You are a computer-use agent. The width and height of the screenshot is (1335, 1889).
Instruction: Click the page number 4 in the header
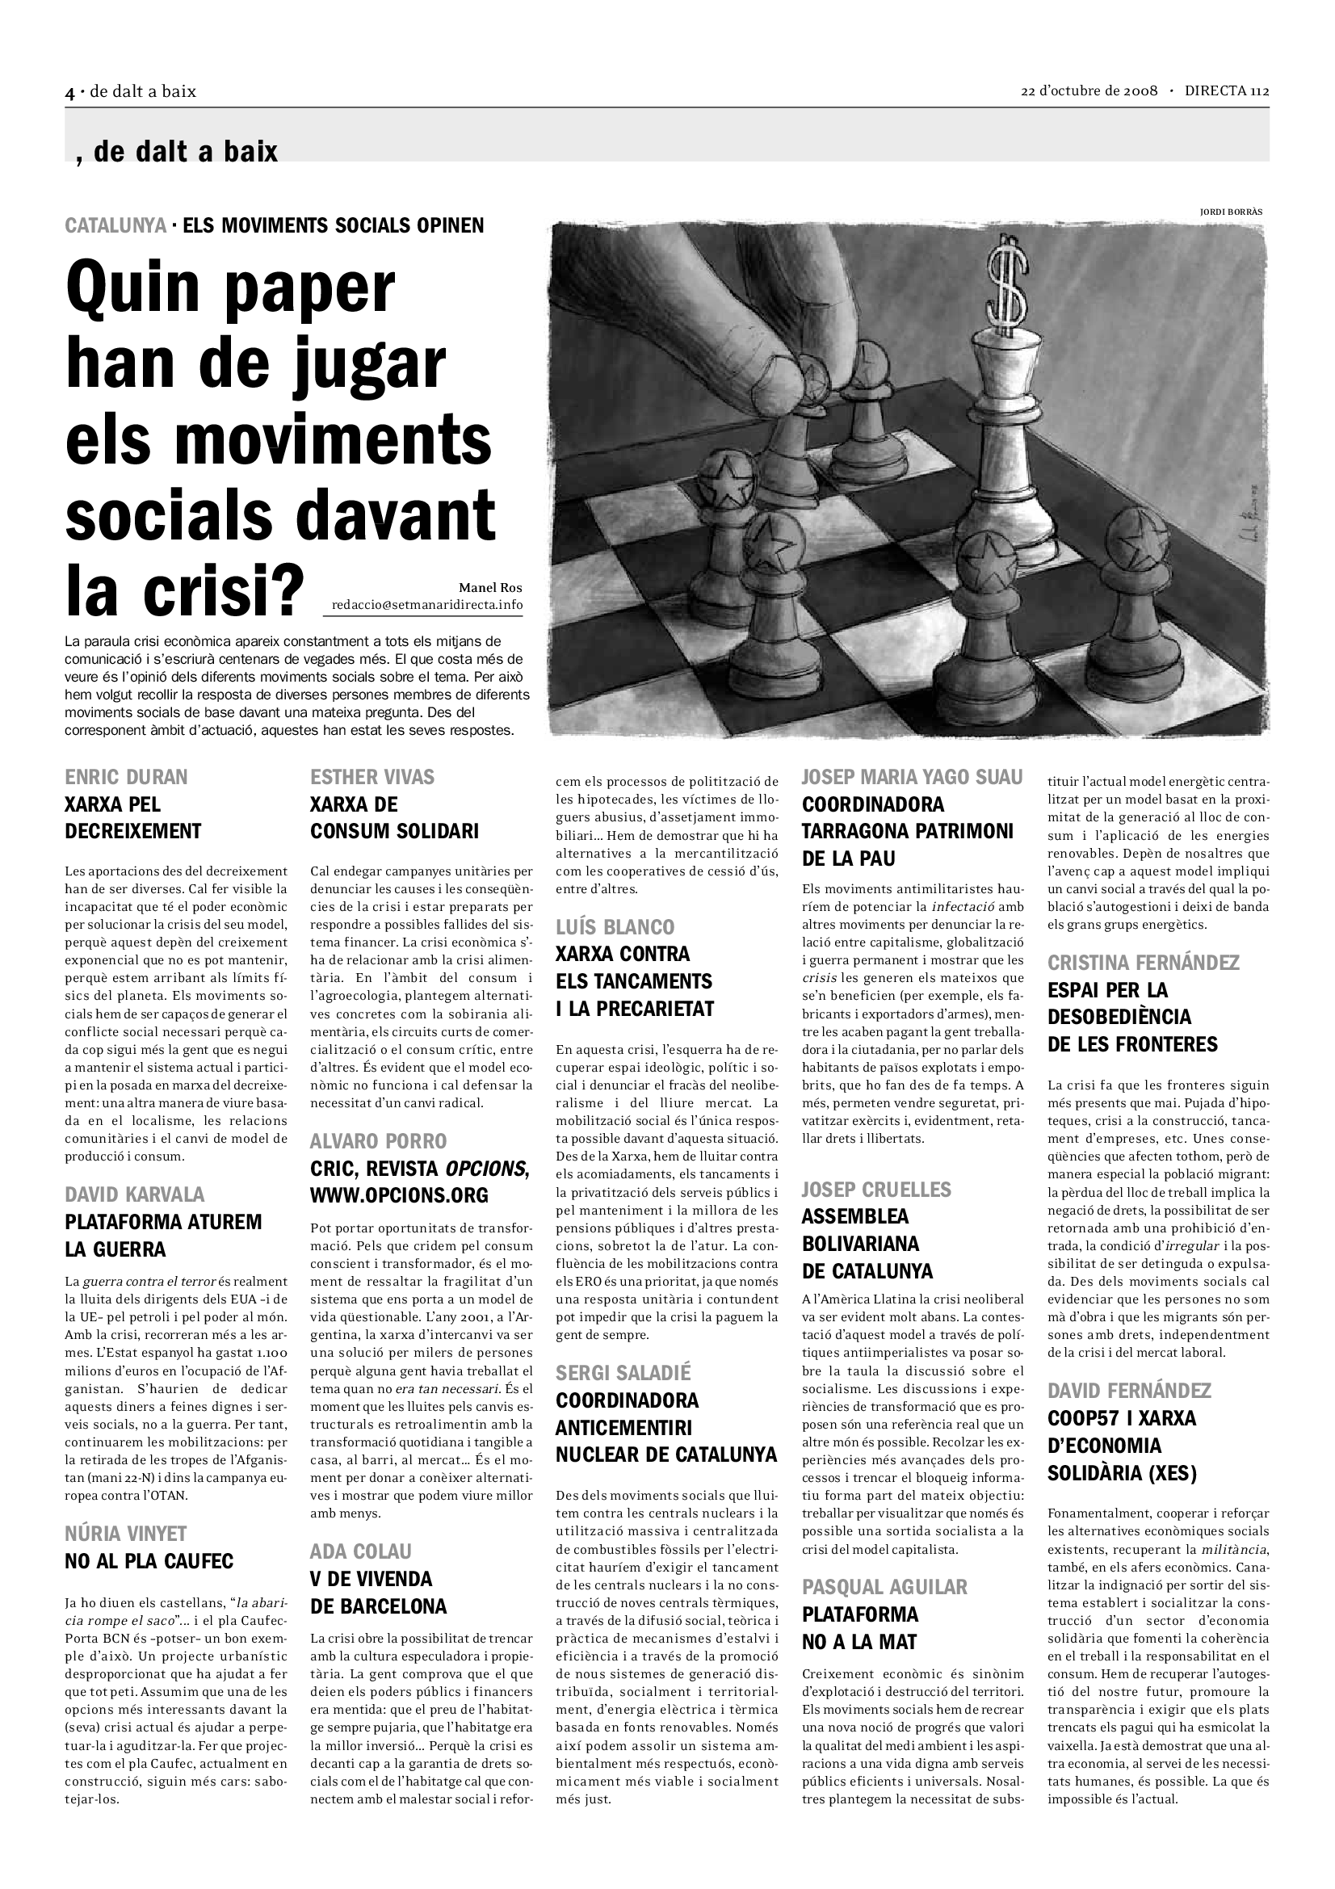coord(70,92)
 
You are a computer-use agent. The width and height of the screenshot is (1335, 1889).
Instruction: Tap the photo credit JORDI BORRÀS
coord(1231,212)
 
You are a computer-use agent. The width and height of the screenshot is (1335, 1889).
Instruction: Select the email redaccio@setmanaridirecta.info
coord(426,605)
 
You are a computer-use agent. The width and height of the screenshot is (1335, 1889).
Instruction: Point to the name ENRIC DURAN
coord(126,777)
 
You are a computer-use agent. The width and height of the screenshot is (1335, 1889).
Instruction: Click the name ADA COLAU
coord(361,1551)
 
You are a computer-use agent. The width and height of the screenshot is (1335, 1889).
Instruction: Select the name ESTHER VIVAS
coord(372,777)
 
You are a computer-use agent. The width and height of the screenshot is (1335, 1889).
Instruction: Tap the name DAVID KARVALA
coord(135,1194)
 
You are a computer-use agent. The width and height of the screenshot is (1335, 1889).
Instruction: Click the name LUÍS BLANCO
coord(615,926)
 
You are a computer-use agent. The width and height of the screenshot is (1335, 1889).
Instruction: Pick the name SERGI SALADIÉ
coord(623,1372)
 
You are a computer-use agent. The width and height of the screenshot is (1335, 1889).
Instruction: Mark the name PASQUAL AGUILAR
coord(884,1586)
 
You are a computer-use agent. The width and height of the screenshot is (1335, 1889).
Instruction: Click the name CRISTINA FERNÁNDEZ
coord(1144,962)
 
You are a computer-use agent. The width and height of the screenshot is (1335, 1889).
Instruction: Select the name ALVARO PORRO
coord(379,1140)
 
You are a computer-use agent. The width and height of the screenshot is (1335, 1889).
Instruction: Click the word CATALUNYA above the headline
coord(115,225)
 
